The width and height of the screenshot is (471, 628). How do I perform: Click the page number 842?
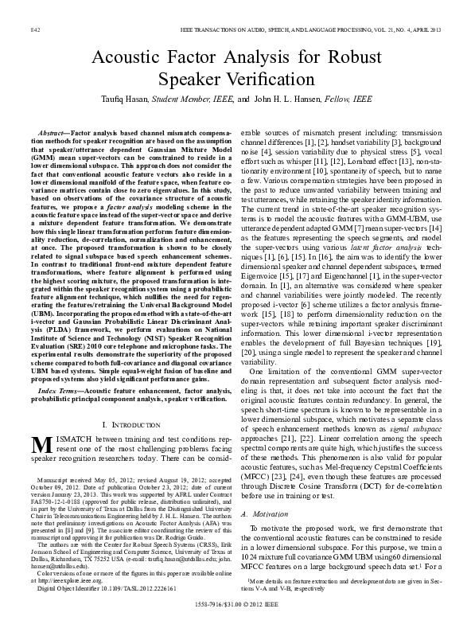pyautogui.click(x=35, y=29)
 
